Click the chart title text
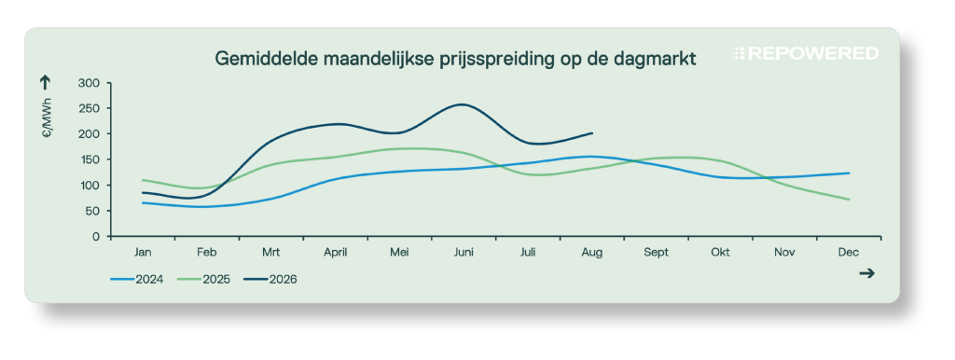click(x=455, y=59)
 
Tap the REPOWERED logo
click(x=805, y=53)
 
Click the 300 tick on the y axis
click(x=90, y=83)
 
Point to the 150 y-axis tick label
click(x=90, y=159)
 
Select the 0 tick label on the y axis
click(x=96, y=236)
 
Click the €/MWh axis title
click(x=48, y=118)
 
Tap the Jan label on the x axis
click(x=143, y=252)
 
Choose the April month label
click(x=335, y=253)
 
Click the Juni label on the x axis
click(x=464, y=252)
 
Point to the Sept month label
click(x=656, y=253)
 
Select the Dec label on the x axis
click(x=849, y=252)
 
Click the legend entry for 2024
click(x=137, y=280)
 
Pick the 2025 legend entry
click(x=204, y=280)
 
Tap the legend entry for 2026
click(x=270, y=280)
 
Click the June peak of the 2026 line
click(x=463, y=104)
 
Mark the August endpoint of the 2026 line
click(x=592, y=132)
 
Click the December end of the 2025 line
click(x=849, y=200)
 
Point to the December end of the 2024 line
click(x=849, y=173)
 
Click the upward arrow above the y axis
click(x=45, y=83)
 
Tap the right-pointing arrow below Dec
click(x=866, y=273)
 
